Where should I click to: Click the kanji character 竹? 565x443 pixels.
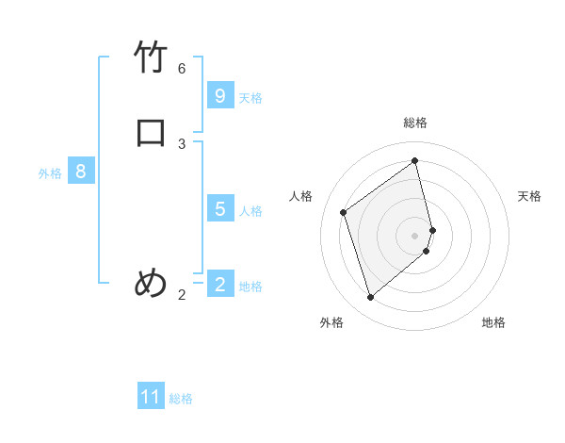152,58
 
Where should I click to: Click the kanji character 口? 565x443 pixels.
152,132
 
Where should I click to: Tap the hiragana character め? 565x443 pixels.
152,283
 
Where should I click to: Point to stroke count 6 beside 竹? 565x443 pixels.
182,69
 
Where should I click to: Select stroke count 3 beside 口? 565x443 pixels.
182,143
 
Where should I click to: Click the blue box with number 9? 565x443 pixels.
220,96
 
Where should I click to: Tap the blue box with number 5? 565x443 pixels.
220,208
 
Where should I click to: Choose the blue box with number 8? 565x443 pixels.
81,172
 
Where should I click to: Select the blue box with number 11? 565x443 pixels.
151,397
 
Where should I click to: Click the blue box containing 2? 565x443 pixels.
220,284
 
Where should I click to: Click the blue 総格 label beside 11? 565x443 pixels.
181,399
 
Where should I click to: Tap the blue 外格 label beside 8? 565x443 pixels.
50,173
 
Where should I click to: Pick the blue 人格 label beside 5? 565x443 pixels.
251,210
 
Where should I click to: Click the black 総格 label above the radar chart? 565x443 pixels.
415,123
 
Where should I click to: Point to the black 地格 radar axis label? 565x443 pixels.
493,322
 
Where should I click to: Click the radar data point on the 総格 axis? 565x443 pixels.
415,160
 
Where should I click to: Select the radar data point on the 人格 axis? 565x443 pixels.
344,212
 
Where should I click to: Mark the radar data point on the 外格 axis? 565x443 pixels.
370,298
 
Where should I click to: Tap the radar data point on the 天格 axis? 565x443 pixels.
432,229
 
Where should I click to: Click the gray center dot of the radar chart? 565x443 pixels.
415,235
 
